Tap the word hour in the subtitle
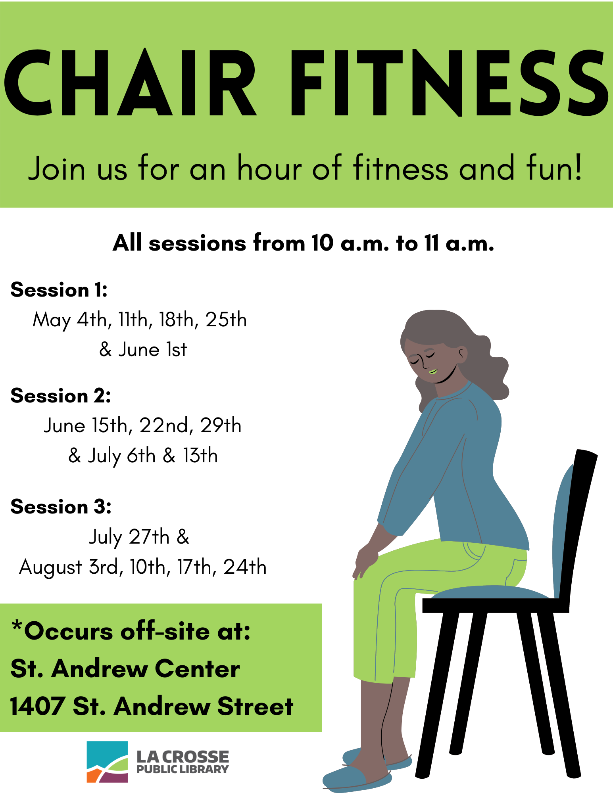pyautogui.click(x=269, y=168)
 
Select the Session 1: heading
pyautogui.click(x=59, y=290)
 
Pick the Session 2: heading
pyautogui.click(x=61, y=396)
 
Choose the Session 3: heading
pyautogui.click(x=61, y=507)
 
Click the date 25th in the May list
pyautogui.click(x=226, y=320)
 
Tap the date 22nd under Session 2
pyautogui.click(x=166, y=425)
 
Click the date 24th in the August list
pyautogui.click(x=245, y=567)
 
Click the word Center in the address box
pyautogui.click(x=197, y=669)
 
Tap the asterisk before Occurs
pyautogui.click(x=17, y=627)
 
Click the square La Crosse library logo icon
pyautogui.click(x=107, y=762)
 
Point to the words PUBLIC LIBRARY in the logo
pyautogui.click(x=183, y=770)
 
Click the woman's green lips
pyautogui.click(x=433, y=372)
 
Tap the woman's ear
pyautogui.click(x=462, y=355)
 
